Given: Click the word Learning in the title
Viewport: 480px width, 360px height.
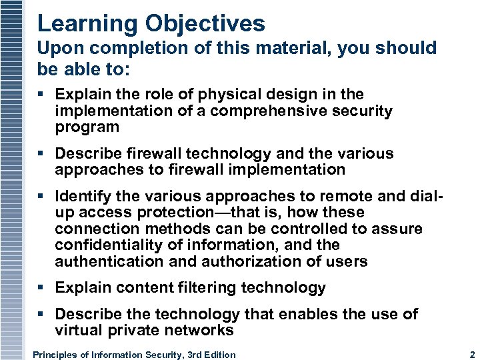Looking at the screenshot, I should pyautogui.click(x=79, y=24).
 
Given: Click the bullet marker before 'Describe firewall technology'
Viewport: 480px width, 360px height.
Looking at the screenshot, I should pyautogui.click(x=42, y=154).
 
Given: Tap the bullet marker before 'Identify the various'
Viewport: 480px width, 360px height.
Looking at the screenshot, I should pyautogui.click(x=42, y=197).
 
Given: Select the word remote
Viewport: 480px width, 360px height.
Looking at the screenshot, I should pyautogui.click(x=325, y=197).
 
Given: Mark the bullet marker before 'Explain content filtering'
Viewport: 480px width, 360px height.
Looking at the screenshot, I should pyautogui.click(x=42, y=288).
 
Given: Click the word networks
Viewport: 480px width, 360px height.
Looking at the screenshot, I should pyautogui.click(x=202, y=331).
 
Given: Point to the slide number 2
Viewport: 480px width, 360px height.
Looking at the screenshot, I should pyautogui.click(x=471, y=355).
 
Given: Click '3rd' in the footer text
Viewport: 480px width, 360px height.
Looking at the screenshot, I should pyautogui.click(x=192, y=355).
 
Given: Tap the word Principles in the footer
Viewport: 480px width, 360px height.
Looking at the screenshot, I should pyautogui.click(x=55, y=355).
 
